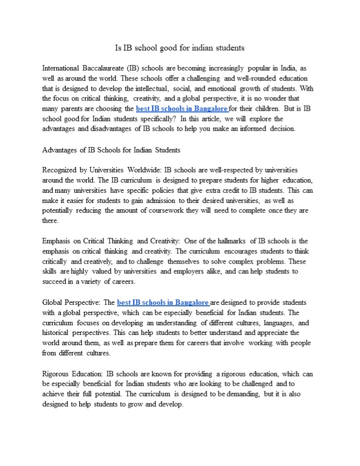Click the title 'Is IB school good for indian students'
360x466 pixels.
(179, 48)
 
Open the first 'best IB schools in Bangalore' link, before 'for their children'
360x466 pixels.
(182, 109)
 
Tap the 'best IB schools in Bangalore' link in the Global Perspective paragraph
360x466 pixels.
(163, 302)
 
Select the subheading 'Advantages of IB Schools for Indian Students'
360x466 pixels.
(111, 150)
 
